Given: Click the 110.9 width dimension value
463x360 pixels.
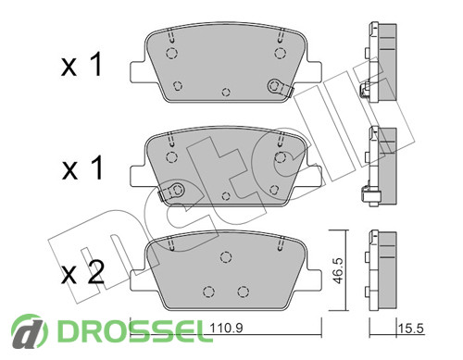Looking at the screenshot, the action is [x=226, y=328].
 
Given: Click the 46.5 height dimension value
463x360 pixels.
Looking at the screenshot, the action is [x=338, y=270].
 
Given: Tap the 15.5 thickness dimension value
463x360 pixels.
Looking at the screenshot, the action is [x=411, y=329].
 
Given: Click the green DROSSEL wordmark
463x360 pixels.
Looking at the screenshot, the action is [x=135, y=330].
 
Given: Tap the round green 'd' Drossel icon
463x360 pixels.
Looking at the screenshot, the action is [x=30, y=331].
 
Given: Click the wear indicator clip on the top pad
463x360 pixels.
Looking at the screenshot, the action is [x=280, y=87].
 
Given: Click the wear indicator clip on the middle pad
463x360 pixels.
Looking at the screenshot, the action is [x=171, y=192].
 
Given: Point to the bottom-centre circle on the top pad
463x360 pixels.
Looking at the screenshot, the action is [x=226, y=92].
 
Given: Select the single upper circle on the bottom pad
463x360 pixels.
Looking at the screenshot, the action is [x=226, y=256].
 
